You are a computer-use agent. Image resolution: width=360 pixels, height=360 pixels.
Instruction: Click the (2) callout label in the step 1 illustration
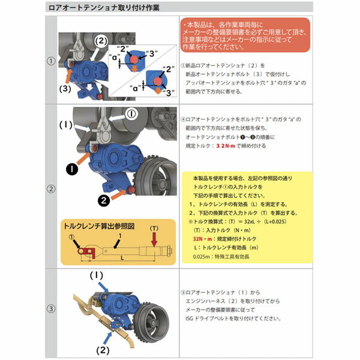pyautogui.click(x=101, y=41)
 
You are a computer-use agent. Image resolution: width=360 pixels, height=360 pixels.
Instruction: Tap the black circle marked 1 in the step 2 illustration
pyautogui.click(x=72, y=169)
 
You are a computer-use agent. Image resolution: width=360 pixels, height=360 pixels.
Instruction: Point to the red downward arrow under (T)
pyautogui.click(x=155, y=239)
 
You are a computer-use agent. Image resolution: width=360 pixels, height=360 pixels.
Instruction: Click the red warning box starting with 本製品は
pyautogui.click(x=244, y=35)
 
